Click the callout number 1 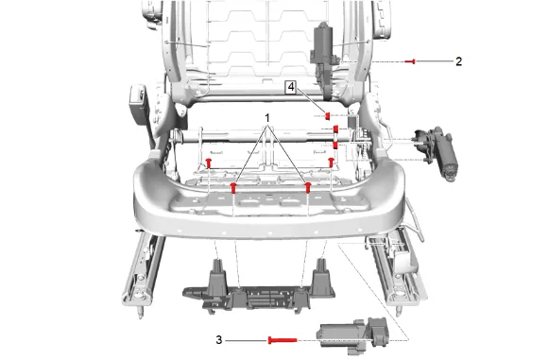point(267,118)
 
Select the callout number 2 point(458,61)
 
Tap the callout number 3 point(219,340)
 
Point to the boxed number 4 point(291,87)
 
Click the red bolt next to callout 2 point(410,61)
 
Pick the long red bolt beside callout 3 point(283,340)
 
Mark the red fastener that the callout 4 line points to point(328,115)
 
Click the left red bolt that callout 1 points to point(233,188)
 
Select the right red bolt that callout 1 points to point(308,187)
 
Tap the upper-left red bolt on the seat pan point(209,163)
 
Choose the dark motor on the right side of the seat point(436,152)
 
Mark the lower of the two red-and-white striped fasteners point(335,145)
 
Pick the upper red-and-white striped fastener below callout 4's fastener point(335,129)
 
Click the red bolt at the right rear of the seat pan point(331,163)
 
